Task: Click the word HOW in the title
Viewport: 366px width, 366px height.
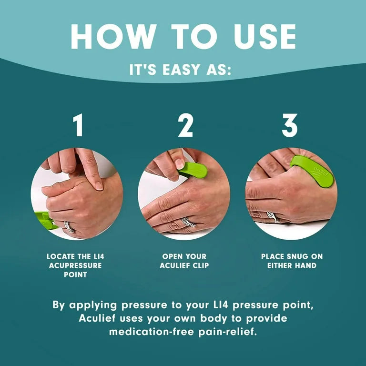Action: tap(109, 36)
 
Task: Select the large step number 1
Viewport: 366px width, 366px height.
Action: tap(78, 126)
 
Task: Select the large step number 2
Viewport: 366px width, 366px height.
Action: tap(184, 126)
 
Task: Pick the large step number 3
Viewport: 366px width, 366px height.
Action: tap(290, 126)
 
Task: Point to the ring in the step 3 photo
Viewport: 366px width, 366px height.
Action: tap(273, 217)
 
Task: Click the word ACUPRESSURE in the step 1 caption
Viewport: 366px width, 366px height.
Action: tap(75, 265)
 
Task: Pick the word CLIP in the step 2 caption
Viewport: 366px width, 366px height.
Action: tap(199, 265)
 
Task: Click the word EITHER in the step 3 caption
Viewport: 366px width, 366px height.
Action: tap(279, 265)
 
